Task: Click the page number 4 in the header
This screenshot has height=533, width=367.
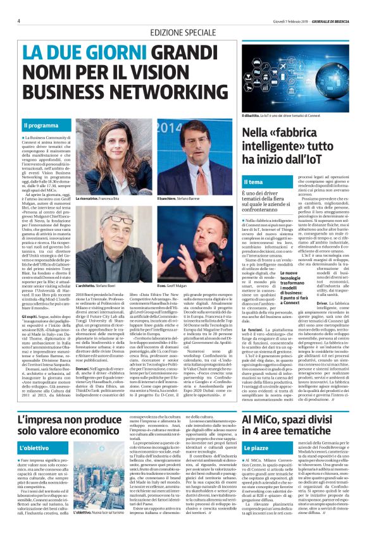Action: click(x=18, y=21)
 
